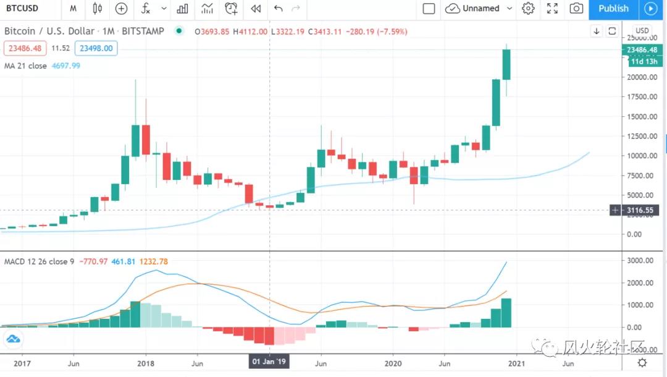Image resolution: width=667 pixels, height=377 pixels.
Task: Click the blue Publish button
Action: tap(613, 9)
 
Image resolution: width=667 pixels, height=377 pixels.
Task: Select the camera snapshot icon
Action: tap(576, 9)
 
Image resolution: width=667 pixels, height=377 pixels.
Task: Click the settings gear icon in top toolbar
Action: tap(527, 9)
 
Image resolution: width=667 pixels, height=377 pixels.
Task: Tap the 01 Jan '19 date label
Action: tap(269, 362)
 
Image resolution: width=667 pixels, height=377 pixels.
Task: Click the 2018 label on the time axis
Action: tap(146, 363)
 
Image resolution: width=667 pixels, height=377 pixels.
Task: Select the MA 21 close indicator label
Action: tap(25, 66)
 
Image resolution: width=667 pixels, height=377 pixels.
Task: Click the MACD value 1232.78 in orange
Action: tap(154, 261)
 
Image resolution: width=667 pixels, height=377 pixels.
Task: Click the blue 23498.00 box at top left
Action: tap(96, 48)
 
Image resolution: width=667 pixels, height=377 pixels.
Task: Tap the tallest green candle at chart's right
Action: tap(506, 64)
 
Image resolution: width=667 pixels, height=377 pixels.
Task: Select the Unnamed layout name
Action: tap(480, 9)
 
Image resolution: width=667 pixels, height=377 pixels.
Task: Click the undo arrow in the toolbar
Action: tap(278, 9)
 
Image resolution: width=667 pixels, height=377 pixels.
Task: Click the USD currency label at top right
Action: tap(642, 31)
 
